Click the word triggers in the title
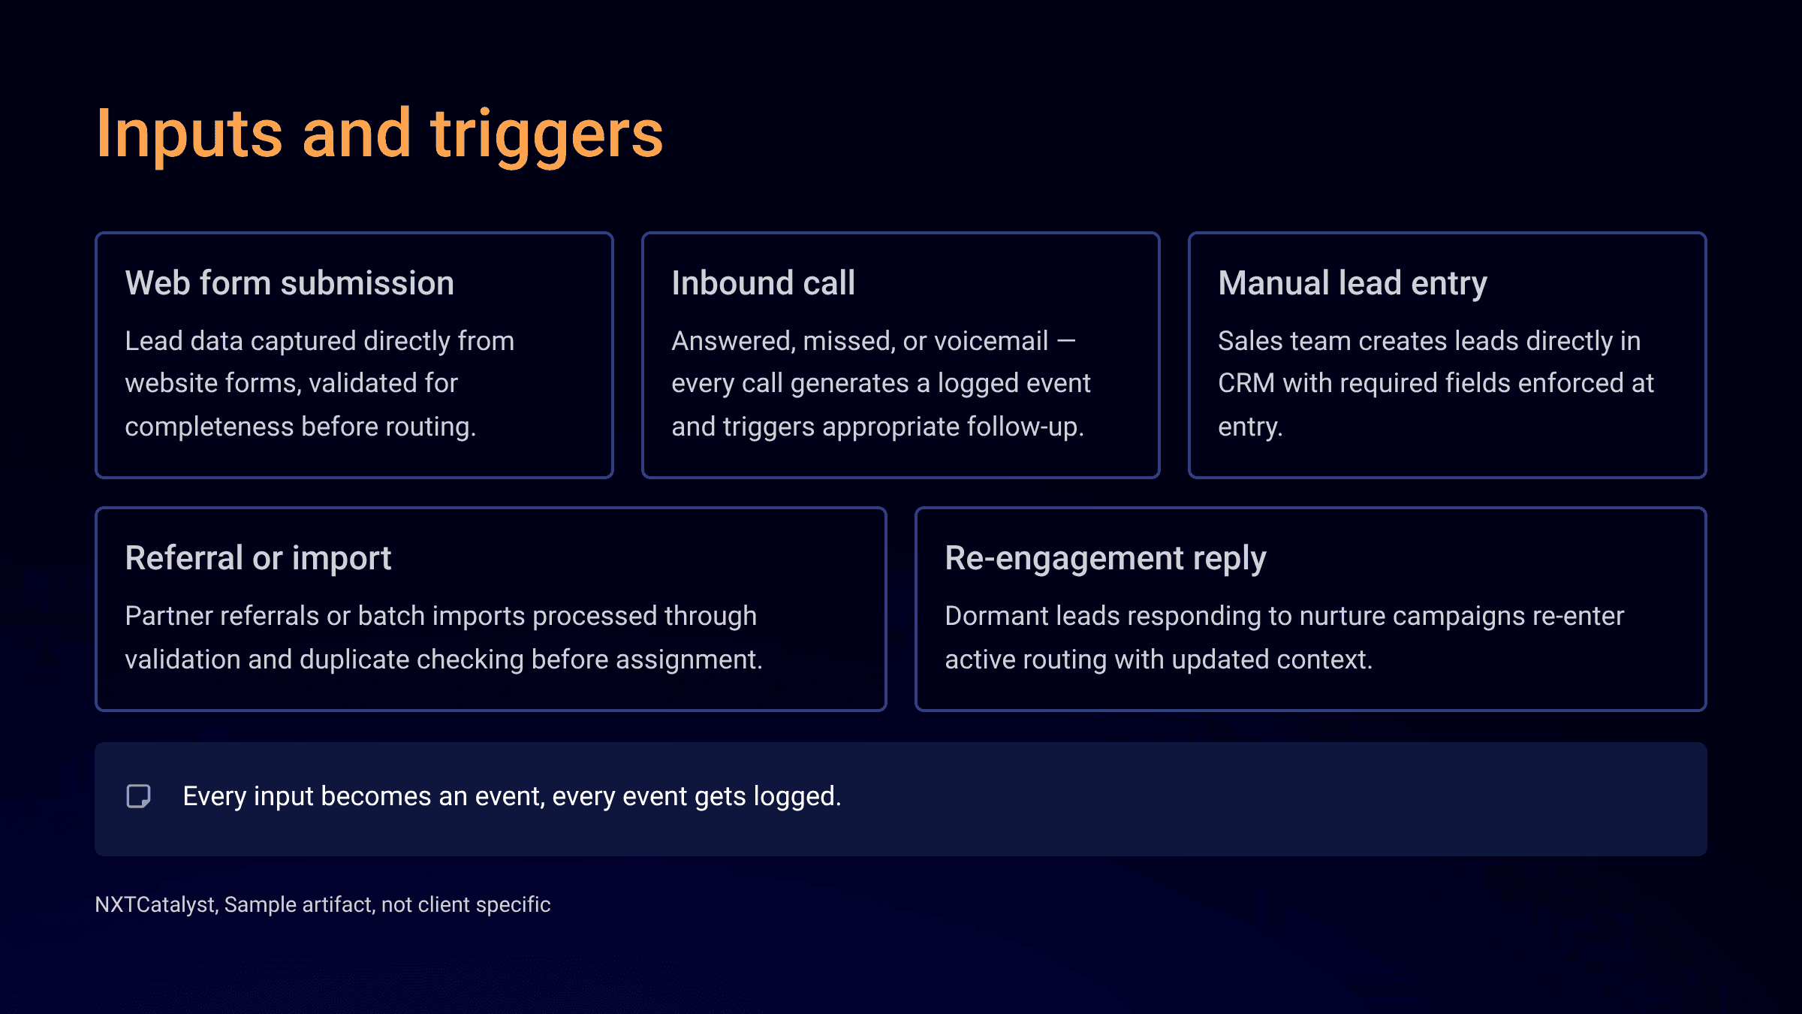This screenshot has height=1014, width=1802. [547, 135]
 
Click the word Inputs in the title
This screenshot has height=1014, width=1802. [189, 135]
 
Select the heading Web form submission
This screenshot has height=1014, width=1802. [289, 283]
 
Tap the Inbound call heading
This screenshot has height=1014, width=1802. [763, 283]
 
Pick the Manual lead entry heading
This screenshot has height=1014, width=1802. [1351, 283]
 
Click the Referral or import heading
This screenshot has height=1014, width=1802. [258, 558]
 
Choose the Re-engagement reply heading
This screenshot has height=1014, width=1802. [1105, 558]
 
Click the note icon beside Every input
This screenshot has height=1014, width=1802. [138, 796]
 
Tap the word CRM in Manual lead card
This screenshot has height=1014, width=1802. [1246, 383]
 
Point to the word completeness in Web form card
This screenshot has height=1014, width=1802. [209, 427]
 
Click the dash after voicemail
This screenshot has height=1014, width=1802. [1066, 341]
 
